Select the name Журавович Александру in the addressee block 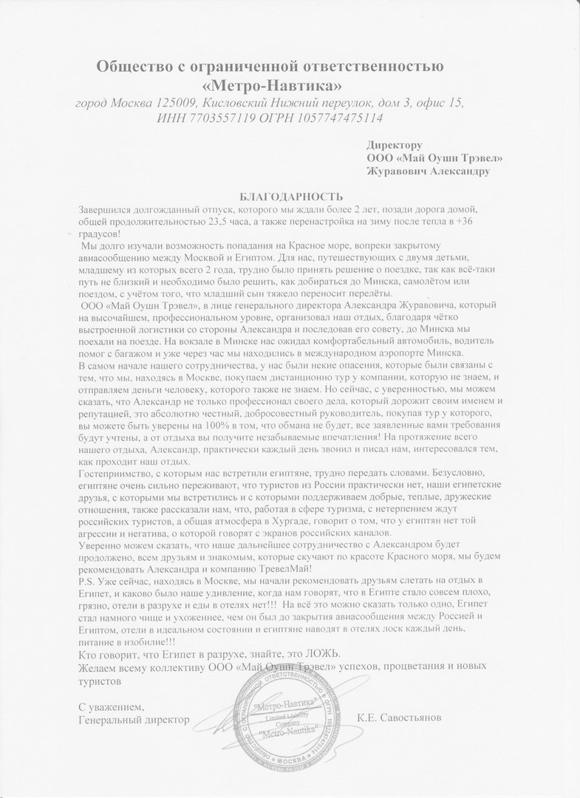click(x=427, y=171)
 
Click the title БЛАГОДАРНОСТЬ click(x=292, y=197)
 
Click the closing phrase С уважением click(x=109, y=705)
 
